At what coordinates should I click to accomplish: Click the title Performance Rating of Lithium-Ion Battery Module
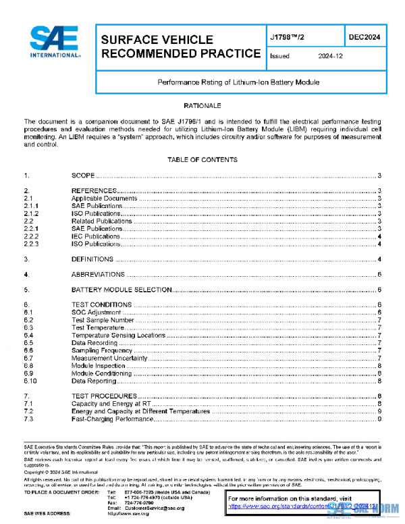click(x=238, y=82)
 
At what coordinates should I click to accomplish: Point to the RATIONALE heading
click(x=202, y=106)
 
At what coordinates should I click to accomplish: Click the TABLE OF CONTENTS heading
click(x=202, y=160)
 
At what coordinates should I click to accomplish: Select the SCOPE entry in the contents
click(x=83, y=175)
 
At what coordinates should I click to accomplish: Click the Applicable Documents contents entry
click(x=104, y=199)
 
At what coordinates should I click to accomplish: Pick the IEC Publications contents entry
click(x=97, y=236)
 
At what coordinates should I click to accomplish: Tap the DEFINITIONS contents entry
click(x=93, y=259)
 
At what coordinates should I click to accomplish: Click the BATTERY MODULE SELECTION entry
click(x=122, y=290)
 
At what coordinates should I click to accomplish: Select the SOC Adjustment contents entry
click(x=96, y=313)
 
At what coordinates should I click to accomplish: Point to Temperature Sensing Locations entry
click(x=118, y=335)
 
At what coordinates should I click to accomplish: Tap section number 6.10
click(x=30, y=381)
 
